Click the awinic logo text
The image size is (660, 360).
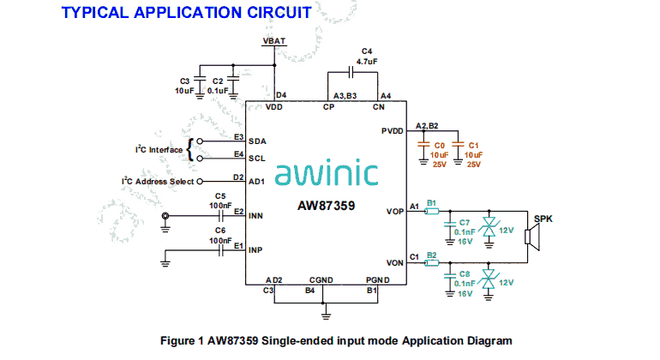[327, 174]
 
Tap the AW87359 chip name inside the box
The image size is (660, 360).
[327, 207]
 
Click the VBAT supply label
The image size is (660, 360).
[274, 40]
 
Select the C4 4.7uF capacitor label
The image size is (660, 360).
[368, 57]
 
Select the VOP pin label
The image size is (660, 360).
[395, 211]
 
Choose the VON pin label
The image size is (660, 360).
[395, 261]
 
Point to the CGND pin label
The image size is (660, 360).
[322, 279]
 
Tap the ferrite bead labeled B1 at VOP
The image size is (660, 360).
[432, 211]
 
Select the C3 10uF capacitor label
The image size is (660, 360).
[183, 86]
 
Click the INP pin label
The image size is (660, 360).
[255, 250]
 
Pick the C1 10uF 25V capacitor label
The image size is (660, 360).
[474, 154]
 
